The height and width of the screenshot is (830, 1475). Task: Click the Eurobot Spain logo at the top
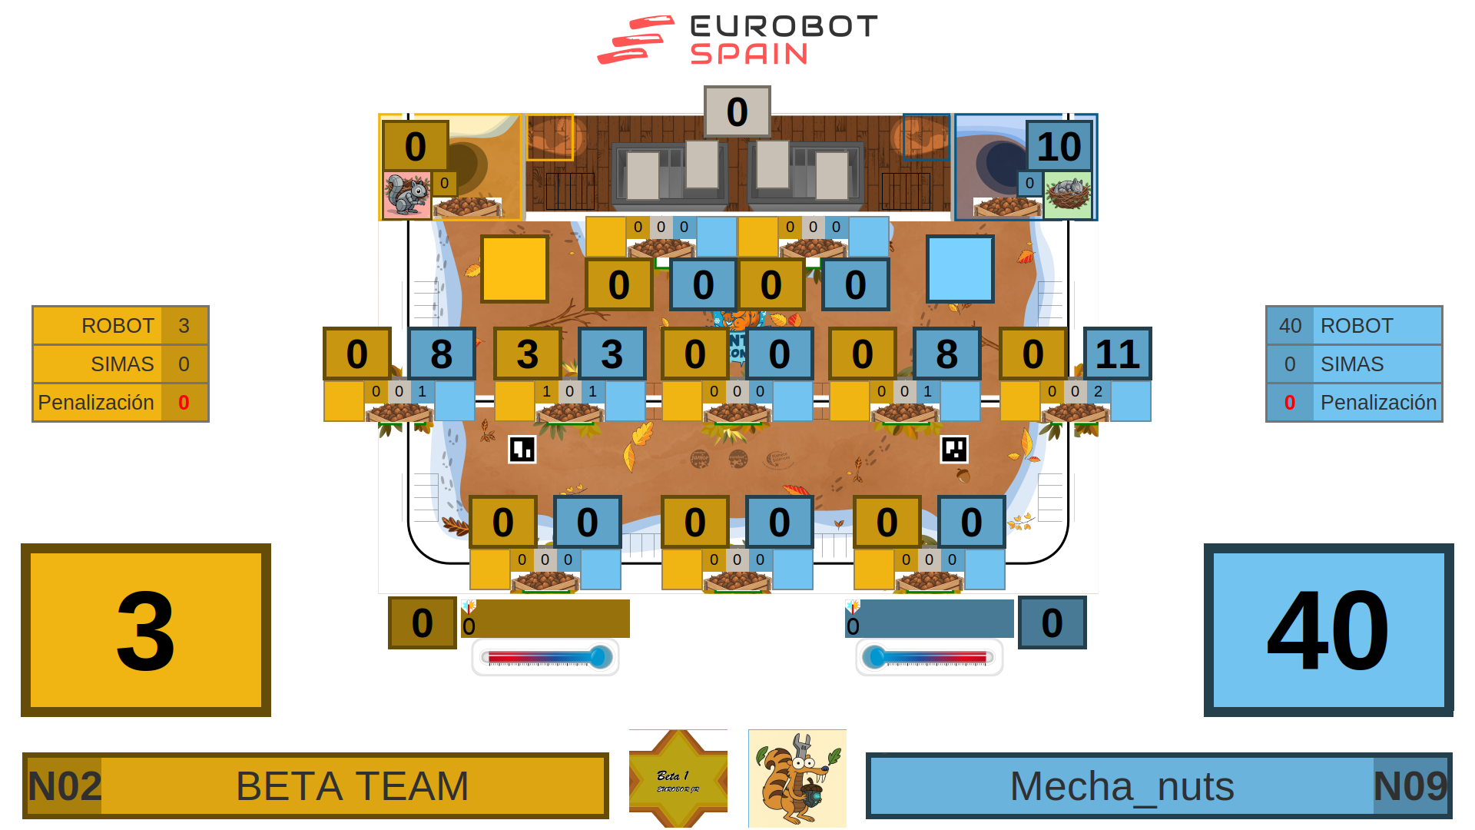coord(737,40)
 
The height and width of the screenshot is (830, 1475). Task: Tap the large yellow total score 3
coord(146,630)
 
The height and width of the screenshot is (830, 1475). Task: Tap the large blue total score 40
coord(1328,630)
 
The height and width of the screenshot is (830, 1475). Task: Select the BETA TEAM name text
coord(352,786)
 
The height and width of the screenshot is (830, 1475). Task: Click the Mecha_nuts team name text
coord(1122,786)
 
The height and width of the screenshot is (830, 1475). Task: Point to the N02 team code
coord(65,786)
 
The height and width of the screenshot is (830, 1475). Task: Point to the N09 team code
coord(1410,786)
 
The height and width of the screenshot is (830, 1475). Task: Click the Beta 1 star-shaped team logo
coord(678,779)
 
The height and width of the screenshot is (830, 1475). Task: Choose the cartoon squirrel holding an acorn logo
coord(797,779)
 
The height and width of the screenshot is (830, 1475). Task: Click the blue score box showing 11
coord(1117,354)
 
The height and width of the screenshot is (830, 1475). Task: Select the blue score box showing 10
coord(1059,146)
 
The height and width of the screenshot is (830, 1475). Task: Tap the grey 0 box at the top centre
coord(737,111)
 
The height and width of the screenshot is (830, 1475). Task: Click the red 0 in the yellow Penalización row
coord(184,403)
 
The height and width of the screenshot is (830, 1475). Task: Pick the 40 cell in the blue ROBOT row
coord(1290,326)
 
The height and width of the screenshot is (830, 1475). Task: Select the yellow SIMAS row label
coord(122,364)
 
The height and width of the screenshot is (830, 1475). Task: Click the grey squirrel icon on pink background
coord(406,195)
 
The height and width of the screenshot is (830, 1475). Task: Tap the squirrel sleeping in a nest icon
coord(1067,194)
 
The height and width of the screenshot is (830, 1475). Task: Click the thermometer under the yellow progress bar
coord(545,657)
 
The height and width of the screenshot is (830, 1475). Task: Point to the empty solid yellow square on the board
coord(515,269)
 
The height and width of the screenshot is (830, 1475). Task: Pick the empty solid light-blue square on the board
coord(960,269)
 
